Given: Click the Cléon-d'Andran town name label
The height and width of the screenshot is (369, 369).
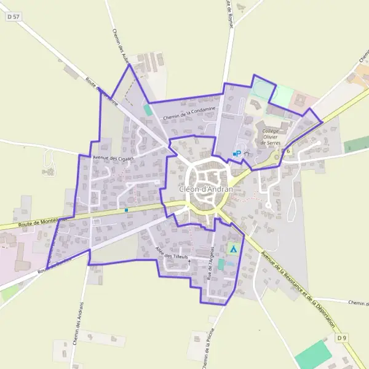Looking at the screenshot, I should pyautogui.click(x=207, y=189).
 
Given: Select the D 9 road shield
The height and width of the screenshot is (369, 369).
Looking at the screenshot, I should pyautogui.click(x=342, y=338).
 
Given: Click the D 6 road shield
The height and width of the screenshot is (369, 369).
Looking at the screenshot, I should pyautogui.click(x=286, y=151).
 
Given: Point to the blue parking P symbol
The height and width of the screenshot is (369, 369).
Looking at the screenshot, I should pyautogui.click(x=238, y=153).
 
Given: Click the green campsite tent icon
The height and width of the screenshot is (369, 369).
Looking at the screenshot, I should pyautogui.click(x=232, y=249).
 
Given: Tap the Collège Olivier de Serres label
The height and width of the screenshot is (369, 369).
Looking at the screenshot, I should pyautogui.click(x=271, y=137).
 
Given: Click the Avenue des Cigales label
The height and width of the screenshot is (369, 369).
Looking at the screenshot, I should pyautogui.click(x=113, y=158).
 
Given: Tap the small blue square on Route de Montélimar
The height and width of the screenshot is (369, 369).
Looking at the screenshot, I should pyautogui.click(x=126, y=210).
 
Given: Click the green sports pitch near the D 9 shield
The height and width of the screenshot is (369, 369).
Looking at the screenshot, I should pyautogui.click(x=313, y=355).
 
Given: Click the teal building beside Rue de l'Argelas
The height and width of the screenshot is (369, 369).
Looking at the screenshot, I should pyautogui.click(x=221, y=264).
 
